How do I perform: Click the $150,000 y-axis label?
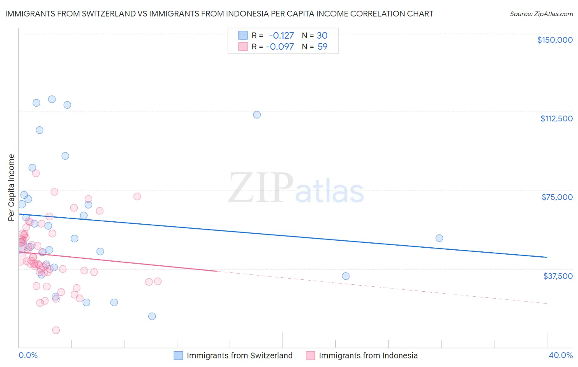click(555, 40)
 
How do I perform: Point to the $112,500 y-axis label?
click(556, 118)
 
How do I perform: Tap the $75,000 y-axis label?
click(557, 197)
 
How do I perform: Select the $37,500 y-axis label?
click(558, 276)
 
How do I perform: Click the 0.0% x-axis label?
click(28, 355)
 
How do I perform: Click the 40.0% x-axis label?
click(560, 355)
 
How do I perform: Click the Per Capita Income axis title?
click(12, 187)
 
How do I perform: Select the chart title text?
click(219, 14)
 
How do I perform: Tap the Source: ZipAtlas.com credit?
click(541, 14)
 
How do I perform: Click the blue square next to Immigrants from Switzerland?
click(178, 355)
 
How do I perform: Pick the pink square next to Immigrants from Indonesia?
click(310, 355)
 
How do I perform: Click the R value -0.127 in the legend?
click(281, 35)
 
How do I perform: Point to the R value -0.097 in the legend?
click(280, 46)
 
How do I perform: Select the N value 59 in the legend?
click(322, 46)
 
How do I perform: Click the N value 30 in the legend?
click(322, 35)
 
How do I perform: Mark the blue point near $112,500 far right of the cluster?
click(257, 115)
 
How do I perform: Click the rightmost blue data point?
click(439, 238)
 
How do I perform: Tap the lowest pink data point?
click(56, 330)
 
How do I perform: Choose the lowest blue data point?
click(152, 316)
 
